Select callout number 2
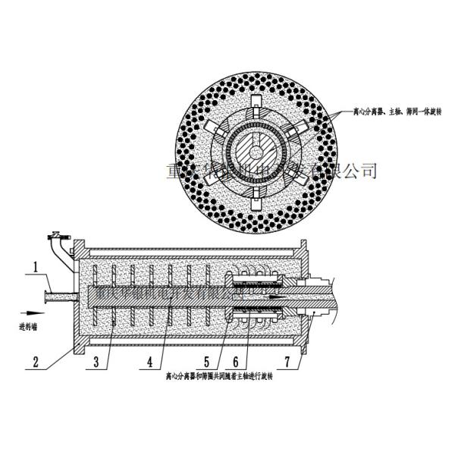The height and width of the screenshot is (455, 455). pos(36,361)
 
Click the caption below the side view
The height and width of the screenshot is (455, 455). pos(221,375)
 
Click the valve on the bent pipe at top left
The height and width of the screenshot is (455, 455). pos(55,236)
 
